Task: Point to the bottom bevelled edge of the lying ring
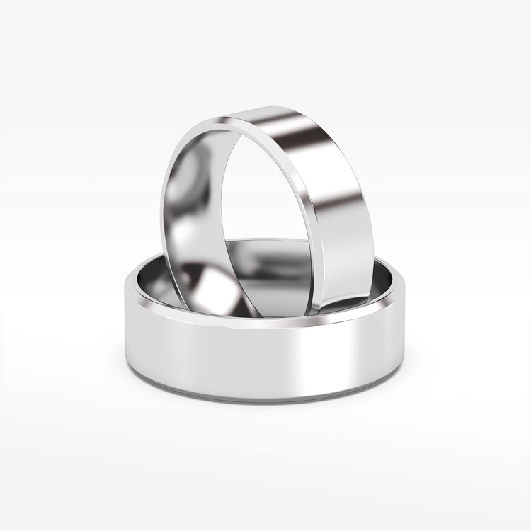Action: pyautogui.click(x=262, y=394)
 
